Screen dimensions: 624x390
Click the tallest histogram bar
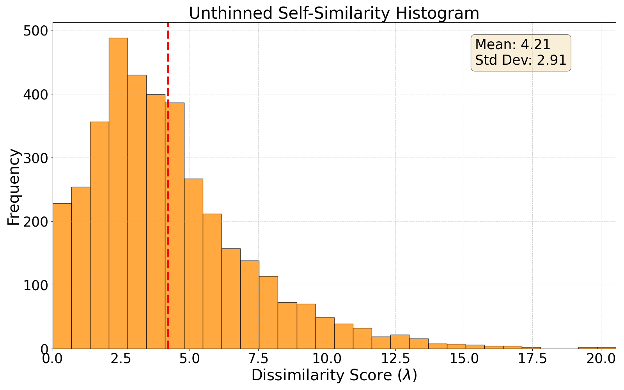(119, 193)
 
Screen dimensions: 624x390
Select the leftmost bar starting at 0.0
(62, 276)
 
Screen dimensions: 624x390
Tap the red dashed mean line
(168, 186)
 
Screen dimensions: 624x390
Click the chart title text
(334, 13)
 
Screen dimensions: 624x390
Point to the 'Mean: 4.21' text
(512, 44)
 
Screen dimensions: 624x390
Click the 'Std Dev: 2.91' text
(521, 60)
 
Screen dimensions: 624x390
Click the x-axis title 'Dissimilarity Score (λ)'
(334, 376)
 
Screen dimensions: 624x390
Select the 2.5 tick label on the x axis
(121, 359)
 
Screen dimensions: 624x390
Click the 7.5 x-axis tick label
(258, 359)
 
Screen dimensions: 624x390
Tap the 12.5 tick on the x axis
(395, 359)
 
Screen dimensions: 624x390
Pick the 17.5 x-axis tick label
(533, 359)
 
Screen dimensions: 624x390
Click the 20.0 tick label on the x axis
(601, 359)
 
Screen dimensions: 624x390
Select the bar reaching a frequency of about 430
(137, 212)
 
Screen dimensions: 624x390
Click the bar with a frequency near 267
(193, 264)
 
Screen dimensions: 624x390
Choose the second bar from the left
(81, 268)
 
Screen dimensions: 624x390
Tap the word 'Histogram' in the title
(437, 13)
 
